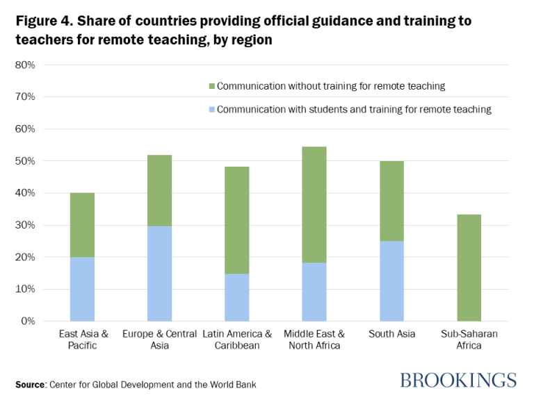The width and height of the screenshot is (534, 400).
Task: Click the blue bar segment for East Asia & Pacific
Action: pos(82,289)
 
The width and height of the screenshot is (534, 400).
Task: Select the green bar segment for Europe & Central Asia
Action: pos(159,190)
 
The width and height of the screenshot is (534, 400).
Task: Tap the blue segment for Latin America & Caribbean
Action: pos(236,297)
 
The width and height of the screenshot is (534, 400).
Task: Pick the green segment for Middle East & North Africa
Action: pos(314,205)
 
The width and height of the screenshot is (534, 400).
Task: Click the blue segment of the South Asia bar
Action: pos(391,281)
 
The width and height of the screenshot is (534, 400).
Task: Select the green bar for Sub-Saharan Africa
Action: pos(468,267)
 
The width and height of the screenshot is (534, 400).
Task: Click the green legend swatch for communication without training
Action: pos(211,87)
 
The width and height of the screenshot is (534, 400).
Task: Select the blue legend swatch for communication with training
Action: pos(211,109)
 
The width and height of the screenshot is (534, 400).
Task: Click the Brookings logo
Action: pos(458,380)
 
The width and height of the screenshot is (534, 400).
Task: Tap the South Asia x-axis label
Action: pos(391,334)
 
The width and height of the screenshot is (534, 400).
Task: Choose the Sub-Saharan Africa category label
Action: pos(469,340)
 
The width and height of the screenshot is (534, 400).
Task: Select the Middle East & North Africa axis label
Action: pos(314,340)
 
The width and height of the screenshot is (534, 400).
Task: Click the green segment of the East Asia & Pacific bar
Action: pos(82,225)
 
